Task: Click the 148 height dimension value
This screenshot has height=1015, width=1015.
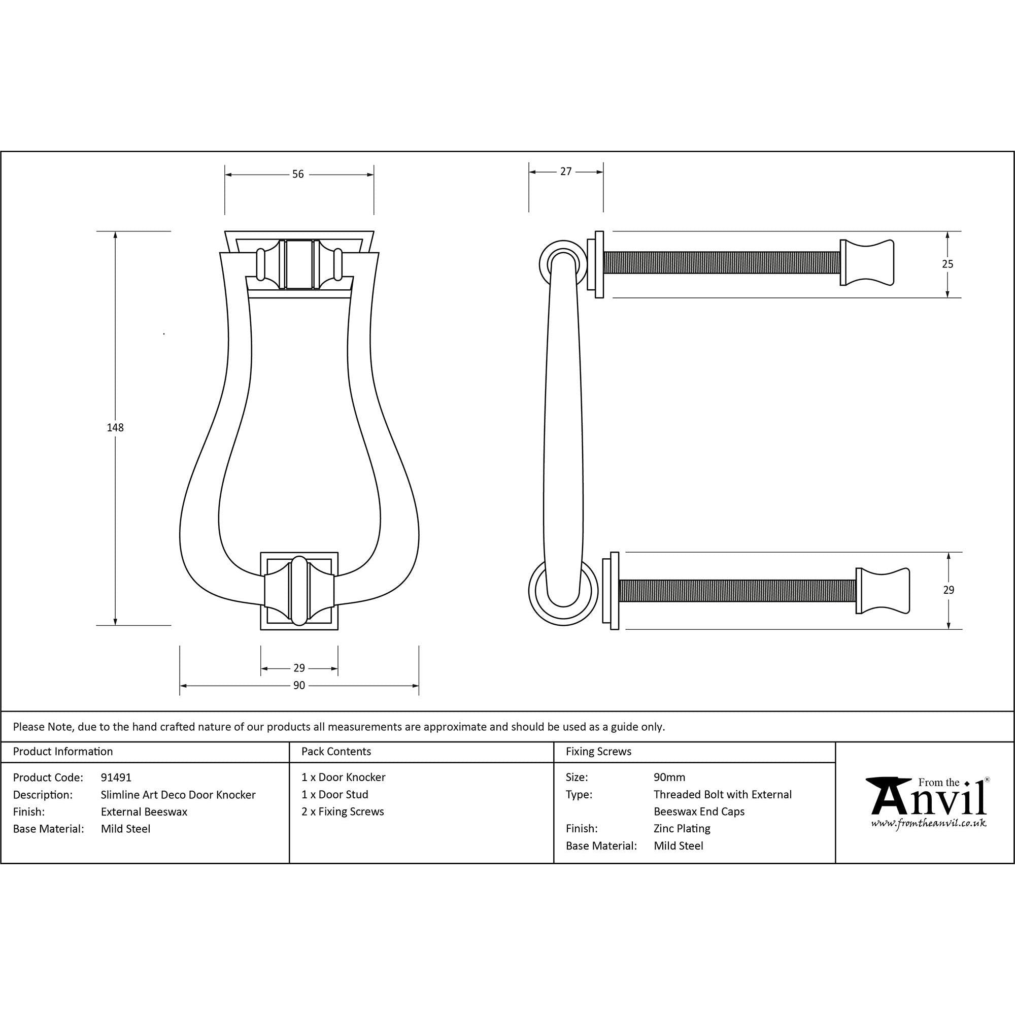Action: coord(115,428)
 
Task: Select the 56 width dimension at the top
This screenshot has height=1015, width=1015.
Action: coord(298,175)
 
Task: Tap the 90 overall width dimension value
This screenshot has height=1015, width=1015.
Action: coord(299,686)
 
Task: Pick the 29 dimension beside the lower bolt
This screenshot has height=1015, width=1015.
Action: coord(948,590)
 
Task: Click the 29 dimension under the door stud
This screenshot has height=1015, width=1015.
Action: coord(299,668)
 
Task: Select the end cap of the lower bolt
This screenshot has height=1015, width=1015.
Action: coord(882,591)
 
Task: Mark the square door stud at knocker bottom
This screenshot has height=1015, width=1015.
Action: coord(299,591)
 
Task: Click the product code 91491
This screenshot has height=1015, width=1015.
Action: coord(116,777)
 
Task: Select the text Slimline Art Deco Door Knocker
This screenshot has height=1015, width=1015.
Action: coord(178,794)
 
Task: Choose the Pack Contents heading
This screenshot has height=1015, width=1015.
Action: coord(336,751)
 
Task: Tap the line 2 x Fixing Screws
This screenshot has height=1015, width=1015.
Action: coord(343,811)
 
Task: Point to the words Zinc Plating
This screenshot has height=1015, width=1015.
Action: coord(682,829)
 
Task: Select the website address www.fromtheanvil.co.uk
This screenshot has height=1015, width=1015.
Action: coord(928,823)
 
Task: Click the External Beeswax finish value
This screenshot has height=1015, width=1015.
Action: coord(144,811)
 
